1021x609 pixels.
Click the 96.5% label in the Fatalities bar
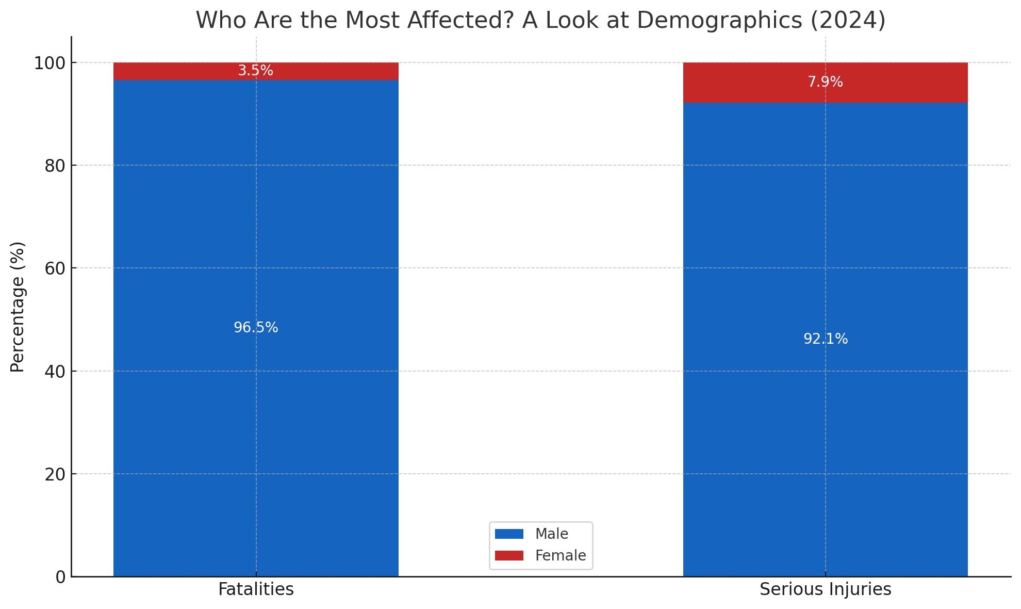256,328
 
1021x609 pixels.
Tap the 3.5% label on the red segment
255,71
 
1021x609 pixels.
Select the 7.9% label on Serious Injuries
825,82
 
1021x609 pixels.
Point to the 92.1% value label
825,339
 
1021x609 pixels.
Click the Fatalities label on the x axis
256,589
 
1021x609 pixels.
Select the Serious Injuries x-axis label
825,589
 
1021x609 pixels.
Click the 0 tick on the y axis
60,577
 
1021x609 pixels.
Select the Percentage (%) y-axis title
18,307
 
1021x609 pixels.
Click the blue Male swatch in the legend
509,534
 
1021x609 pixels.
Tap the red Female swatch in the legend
509,556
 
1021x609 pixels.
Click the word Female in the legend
561,556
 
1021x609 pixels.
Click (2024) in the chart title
848,21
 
